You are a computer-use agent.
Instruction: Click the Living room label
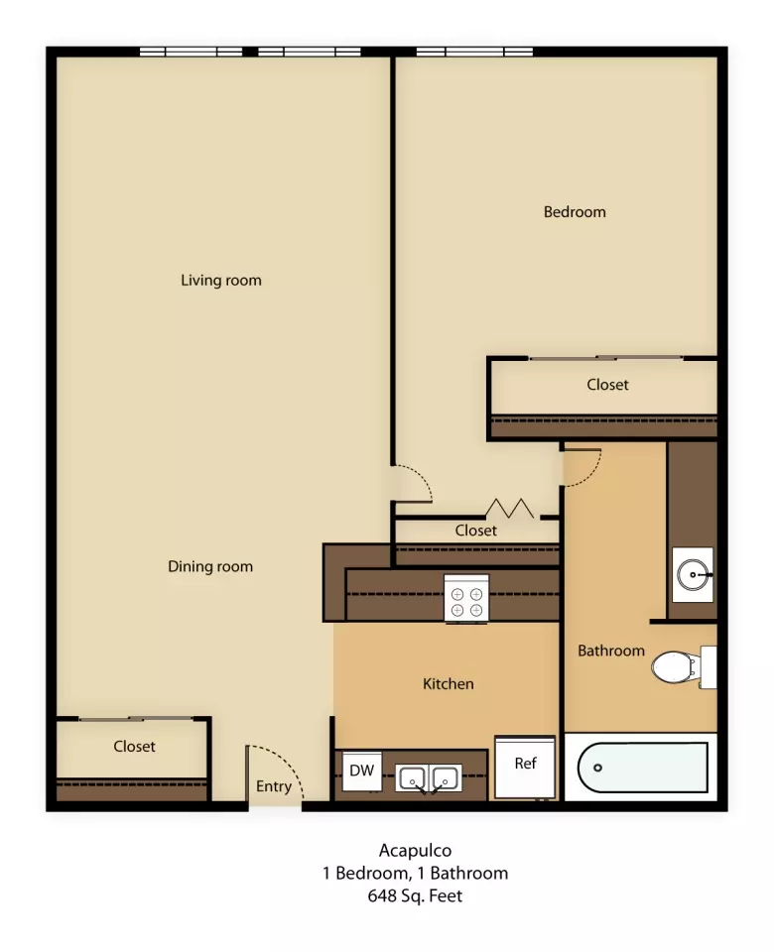pyautogui.click(x=221, y=281)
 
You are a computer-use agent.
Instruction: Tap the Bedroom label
pyautogui.click(x=575, y=212)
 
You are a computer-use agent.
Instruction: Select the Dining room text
pyautogui.click(x=210, y=566)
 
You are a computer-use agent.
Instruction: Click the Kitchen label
pyautogui.click(x=449, y=683)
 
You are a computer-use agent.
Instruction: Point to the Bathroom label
pyautogui.click(x=611, y=651)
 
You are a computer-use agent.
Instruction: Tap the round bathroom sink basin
pyautogui.click(x=694, y=574)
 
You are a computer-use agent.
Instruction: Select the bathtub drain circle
pyautogui.click(x=597, y=768)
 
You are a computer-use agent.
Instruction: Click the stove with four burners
pyautogui.click(x=466, y=598)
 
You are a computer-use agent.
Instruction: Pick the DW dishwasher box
pyautogui.click(x=362, y=772)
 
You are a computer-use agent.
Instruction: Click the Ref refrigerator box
pyautogui.click(x=525, y=767)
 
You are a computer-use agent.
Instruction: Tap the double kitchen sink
pyautogui.click(x=429, y=777)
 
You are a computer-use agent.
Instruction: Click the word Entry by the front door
pyautogui.click(x=274, y=786)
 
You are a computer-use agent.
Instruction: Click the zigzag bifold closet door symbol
pyautogui.click(x=510, y=509)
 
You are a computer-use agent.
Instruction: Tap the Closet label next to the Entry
pyautogui.click(x=134, y=746)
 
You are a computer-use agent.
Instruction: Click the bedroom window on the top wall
pyautogui.click(x=474, y=53)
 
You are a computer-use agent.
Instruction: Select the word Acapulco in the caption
pyautogui.click(x=416, y=851)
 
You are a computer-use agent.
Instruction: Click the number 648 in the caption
pyautogui.click(x=381, y=895)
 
